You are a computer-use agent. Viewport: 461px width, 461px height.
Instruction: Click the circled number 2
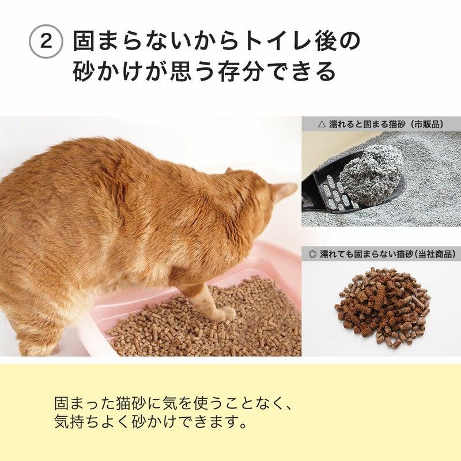(x=46, y=41)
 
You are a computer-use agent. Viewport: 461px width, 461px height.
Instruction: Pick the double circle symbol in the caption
(x=313, y=254)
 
